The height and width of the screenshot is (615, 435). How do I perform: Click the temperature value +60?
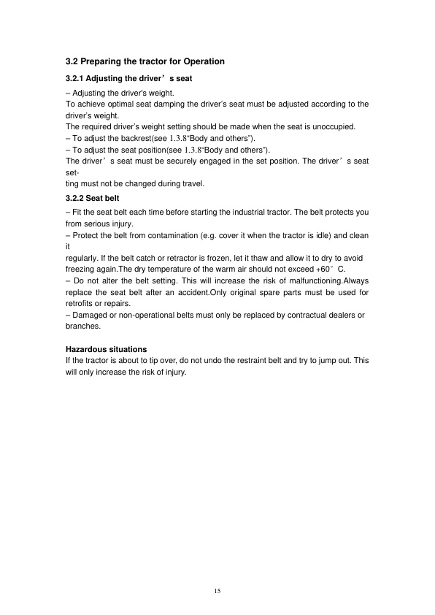click(x=324, y=270)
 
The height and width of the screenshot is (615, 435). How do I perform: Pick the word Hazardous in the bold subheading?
click(x=88, y=349)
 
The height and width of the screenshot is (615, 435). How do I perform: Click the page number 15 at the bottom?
click(x=217, y=590)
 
